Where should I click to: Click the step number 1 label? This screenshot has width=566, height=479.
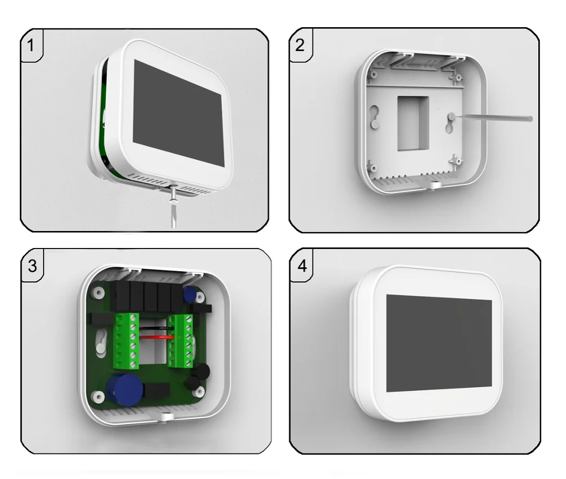pos(31,45)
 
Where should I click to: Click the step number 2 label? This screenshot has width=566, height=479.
pos(299,45)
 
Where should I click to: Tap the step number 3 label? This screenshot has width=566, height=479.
pos(32,266)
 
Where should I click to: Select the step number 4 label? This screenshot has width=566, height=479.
pos(302,266)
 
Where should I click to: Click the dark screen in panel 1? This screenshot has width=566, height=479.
pos(178,113)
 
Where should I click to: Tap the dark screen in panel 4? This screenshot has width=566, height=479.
pos(439,343)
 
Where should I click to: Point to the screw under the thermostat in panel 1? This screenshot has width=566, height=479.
pos(174,194)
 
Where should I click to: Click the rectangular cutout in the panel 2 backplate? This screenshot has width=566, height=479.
pos(413,123)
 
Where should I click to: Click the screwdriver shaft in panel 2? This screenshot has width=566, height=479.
pos(493,117)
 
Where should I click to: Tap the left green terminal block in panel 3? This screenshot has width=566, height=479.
pos(126,341)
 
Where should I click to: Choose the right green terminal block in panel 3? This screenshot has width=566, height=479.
pos(181,340)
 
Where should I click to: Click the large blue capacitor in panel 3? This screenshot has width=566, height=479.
pos(119,386)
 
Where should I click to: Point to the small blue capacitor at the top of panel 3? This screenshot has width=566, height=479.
pos(190,294)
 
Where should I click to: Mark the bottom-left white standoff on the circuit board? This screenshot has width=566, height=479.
pos(98,397)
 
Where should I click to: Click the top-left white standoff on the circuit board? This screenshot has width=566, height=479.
pos(98,293)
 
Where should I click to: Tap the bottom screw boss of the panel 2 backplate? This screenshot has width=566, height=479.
pos(434,185)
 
